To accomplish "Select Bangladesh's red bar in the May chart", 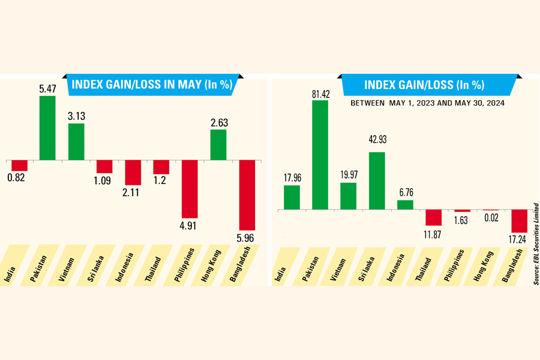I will [x=247, y=195].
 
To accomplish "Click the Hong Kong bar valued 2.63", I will [x=218, y=145].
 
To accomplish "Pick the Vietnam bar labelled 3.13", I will [x=76, y=142].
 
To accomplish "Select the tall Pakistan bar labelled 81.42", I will [x=320, y=155].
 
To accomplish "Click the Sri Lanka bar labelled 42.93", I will [x=377, y=181].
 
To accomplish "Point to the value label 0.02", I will [x=491, y=219].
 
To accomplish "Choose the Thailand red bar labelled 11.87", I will [x=434, y=217].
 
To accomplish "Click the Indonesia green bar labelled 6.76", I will [x=405, y=205].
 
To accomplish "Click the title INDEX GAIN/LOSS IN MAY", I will [x=151, y=85].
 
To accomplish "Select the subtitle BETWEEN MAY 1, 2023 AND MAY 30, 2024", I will [x=428, y=103].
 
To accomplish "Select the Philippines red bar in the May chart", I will [x=190, y=188].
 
